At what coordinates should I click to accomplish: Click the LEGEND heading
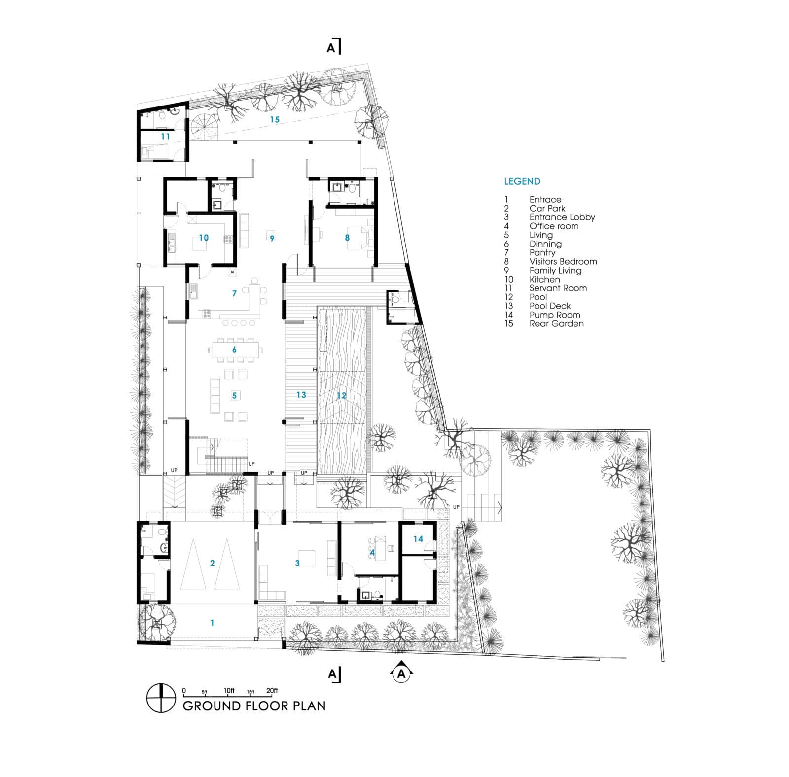point(522,181)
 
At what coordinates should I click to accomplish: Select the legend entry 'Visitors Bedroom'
point(563,261)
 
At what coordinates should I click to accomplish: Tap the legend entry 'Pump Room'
point(555,315)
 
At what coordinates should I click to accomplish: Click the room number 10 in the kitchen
point(204,238)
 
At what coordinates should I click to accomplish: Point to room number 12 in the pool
point(341,395)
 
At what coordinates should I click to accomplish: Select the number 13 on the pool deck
point(301,395)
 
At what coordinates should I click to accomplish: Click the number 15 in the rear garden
point(274,119)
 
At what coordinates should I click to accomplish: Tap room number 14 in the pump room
point(418,539)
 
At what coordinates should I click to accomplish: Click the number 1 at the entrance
point(213,623)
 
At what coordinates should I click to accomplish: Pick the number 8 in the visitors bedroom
point(347,238)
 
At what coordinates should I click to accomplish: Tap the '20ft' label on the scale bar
point(272,690)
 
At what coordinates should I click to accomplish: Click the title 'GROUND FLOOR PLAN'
point(254,706)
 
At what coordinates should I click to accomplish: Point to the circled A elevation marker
point(402,673)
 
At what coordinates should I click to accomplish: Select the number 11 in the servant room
point(165,136)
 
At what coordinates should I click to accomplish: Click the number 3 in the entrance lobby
point(297,563)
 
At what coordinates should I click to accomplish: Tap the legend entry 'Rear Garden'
point(557,323)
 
